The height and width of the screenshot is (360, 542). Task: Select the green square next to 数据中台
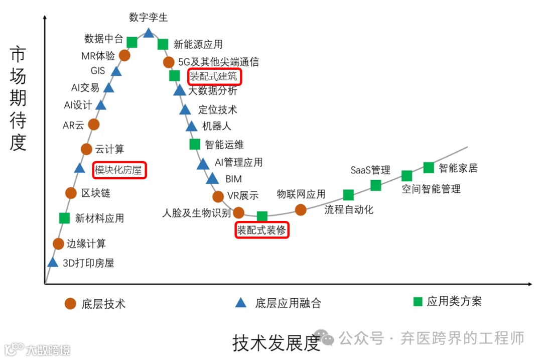[x=132, y=42]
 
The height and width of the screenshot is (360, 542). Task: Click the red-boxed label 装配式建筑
[x=215, y=77]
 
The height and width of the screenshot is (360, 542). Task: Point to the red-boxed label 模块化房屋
[x=119, y=170]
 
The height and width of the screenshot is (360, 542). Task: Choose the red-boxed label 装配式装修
[x=262, y=230]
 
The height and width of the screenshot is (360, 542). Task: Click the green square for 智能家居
[x=429, y=167]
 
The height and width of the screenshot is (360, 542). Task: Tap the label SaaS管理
[x=370, y=170]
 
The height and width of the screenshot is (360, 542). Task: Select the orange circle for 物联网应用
[x=301, y=209]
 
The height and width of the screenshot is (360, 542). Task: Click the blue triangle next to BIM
[x=212, y=179]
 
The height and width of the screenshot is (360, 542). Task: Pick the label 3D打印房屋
[x=88, y=263]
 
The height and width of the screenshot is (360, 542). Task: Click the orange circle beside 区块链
[x=71, y=193]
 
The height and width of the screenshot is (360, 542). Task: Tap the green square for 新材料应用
[x=64, y=218]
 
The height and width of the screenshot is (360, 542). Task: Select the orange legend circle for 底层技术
[x=71, y=303]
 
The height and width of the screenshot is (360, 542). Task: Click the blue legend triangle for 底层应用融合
[x=241, y=303]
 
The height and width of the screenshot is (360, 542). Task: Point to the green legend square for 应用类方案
[x=418, y=302]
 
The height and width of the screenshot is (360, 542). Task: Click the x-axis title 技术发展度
[x=276, y=343]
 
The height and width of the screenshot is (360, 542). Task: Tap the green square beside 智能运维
[x=195, y=144]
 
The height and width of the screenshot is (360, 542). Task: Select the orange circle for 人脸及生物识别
[x=239, y=212]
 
